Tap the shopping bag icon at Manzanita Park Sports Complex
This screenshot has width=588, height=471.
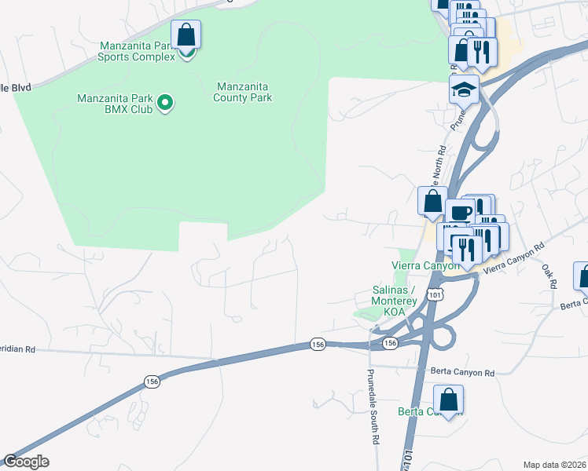coord(186,35)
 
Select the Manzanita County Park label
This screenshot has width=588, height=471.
coord(243,92)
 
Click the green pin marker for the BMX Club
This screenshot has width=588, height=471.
coord(165,103)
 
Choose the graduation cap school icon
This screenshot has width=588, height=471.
coord(464,89)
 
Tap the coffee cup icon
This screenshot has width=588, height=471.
coord(460,213)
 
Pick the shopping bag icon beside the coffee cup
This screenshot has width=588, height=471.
coord(432,201)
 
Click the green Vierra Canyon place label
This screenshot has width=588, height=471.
coord(425,265)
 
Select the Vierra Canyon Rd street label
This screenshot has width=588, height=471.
coord(513,259)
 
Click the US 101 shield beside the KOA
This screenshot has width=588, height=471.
coord(435,294)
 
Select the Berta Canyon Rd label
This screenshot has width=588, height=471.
coord(461,373)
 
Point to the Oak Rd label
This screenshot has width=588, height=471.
coord(548,274)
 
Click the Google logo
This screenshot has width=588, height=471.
coord(26,462)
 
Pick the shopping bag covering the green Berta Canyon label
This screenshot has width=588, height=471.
coord(447,400)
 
